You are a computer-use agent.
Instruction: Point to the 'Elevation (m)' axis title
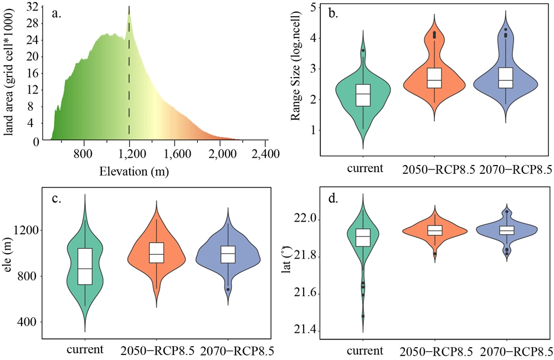point(134,172)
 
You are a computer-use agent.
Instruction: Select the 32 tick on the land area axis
point(32,7)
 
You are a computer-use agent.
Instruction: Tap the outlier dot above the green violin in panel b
point(363,50)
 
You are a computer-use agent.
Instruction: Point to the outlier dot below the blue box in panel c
point(228,290)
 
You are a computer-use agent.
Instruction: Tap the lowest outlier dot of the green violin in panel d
point(363,316)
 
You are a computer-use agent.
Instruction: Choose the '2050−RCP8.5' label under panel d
point(435,351)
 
